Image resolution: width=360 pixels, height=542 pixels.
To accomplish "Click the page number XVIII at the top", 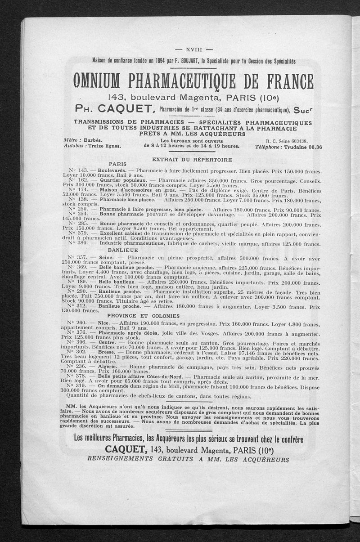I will click(193, 50).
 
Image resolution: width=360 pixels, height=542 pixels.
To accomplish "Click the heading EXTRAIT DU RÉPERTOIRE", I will click(192, 160).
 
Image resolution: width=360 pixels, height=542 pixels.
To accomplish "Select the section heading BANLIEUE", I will click(122, 250).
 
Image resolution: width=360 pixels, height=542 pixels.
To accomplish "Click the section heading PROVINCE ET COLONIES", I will click(137, 316).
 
